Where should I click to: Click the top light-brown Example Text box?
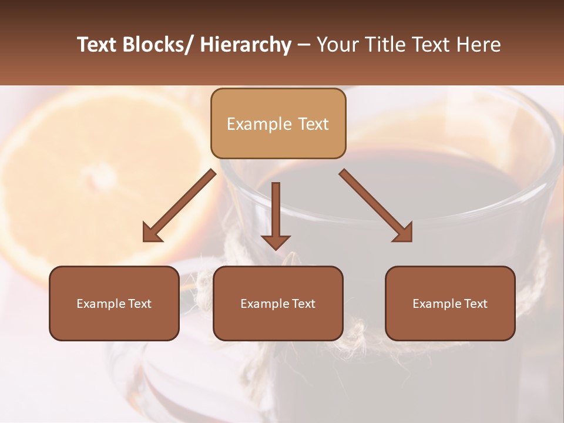pos(278,123)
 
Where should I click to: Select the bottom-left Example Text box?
pos(114,303)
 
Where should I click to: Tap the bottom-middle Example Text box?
pos(278,303)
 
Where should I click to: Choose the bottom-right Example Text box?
pos(450,303)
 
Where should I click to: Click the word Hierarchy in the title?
pos(246,45)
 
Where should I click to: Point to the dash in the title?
pos(304,45)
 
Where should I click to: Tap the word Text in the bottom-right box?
pos(475,303)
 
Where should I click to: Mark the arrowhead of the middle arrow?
pos(276,241)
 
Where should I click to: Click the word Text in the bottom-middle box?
pos(303,303)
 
